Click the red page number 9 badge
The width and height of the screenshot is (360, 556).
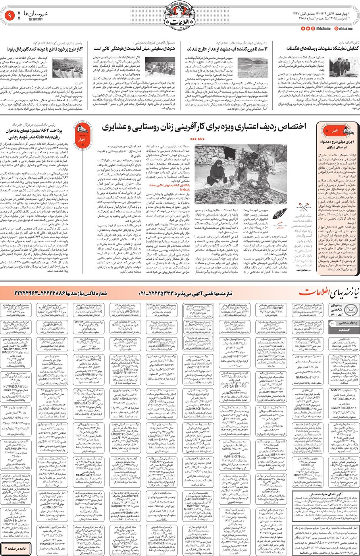pos(10,16)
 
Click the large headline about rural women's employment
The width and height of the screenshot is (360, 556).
pos(204,127)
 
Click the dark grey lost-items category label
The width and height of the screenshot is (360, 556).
pos(337,330)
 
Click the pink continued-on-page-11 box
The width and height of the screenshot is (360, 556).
pos(15,548)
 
